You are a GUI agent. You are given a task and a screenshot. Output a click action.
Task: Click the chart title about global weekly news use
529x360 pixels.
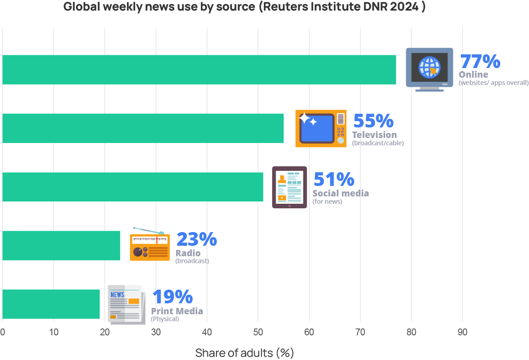244,7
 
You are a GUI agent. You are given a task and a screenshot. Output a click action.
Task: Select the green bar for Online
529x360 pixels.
199,69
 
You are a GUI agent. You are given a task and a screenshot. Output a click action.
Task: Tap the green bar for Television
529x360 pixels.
143,128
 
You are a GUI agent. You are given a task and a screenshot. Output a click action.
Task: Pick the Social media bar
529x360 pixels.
132,186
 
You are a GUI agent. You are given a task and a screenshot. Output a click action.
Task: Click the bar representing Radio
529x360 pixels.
61,245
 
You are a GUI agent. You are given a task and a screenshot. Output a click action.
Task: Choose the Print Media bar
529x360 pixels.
51,304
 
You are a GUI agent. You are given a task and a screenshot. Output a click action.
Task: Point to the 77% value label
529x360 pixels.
480,62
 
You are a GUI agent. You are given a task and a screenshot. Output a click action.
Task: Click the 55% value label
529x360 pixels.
373,121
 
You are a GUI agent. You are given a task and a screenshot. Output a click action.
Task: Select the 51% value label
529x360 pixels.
334,180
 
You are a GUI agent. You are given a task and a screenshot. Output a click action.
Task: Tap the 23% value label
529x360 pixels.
196,239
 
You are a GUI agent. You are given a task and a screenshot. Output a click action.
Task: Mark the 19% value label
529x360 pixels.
172,297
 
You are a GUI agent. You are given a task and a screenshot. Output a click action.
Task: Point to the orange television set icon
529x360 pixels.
320,128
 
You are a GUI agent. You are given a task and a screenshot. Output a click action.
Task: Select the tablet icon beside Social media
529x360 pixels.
289,187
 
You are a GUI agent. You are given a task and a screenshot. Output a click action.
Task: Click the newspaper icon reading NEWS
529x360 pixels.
126,304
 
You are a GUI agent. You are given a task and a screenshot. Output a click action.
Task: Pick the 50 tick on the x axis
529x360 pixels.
258,332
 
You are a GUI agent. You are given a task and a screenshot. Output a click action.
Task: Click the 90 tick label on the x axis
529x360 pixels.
462,332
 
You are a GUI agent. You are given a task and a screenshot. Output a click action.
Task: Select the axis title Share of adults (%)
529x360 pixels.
244,353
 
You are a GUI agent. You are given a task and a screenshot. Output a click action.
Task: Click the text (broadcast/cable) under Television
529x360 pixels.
378,143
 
